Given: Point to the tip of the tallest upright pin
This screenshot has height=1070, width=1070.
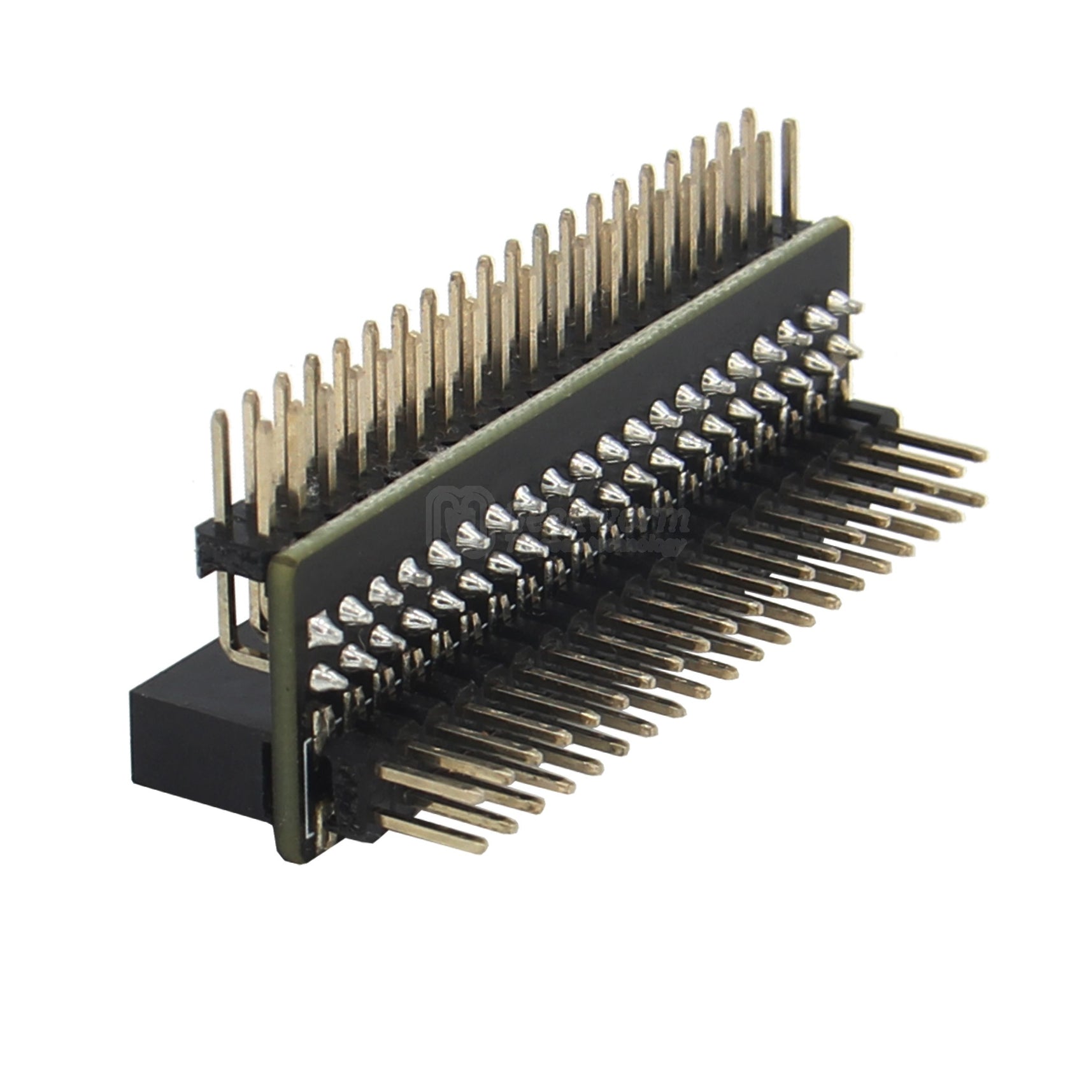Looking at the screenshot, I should pos(748,113).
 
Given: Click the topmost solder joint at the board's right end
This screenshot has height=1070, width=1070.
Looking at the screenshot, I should pos(842,301).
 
